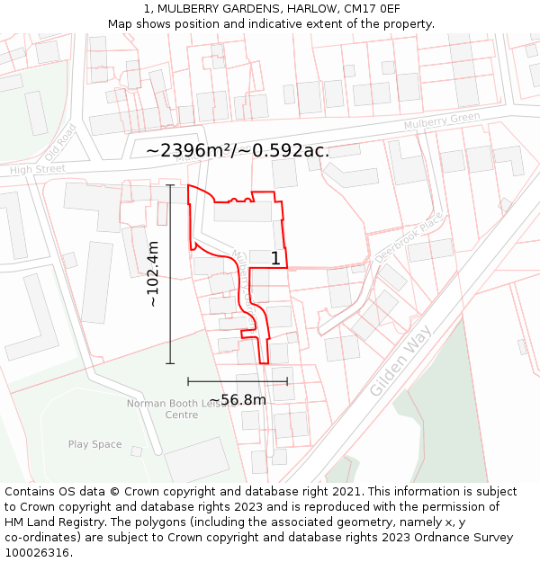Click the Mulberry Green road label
coord(442,121)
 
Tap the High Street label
coord(38,169)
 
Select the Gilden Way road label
coord(400,354)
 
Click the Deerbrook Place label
coord(408,237)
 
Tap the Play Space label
coord(94,444)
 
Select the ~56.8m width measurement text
coord(238,399)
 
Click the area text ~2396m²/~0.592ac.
coord(238,150)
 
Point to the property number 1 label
coord(275,259)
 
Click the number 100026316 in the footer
coord(39,552)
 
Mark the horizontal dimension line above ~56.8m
coord(238,381)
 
